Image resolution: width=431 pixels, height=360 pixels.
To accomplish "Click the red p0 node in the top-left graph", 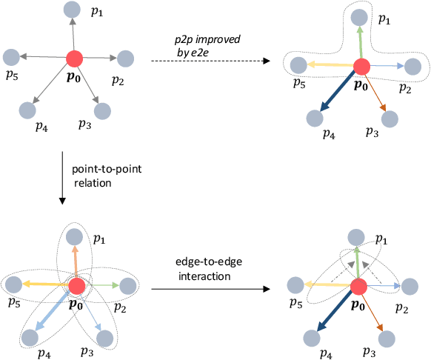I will pyautogui.click(x=75, y=58).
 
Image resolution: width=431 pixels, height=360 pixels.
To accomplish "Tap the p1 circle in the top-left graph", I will pyautogui.click(x=72, y=10).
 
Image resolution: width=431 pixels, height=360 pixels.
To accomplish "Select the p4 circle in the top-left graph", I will pyautogui.click(x=29, y=110).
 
